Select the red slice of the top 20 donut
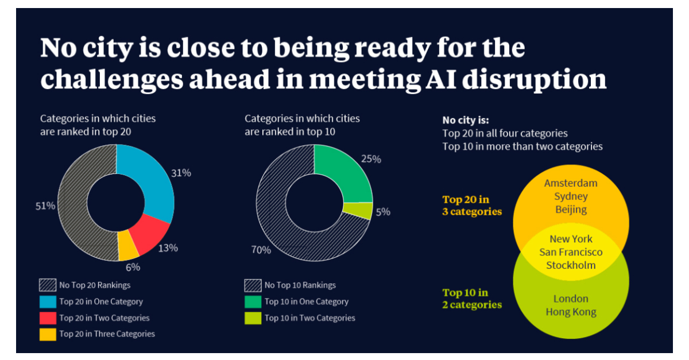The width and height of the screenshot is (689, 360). pos(149,234)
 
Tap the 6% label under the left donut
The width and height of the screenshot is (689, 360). pos(133,267)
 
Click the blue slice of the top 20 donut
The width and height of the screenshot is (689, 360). pos(150,178)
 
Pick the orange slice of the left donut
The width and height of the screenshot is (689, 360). pos(127,245)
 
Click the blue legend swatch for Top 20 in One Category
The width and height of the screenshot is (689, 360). pos(48,301)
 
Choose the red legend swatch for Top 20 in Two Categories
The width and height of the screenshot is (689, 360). pos(48,318)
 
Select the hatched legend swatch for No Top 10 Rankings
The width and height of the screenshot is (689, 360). pos(253,285)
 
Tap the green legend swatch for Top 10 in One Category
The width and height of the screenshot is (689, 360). pos(253,301)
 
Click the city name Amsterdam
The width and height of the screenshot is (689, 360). pos(571,183)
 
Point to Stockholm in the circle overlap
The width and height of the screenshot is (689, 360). pos(571,265)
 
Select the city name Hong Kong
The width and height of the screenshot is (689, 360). pos(571,312)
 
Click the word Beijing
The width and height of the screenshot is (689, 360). pos(571,209)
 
